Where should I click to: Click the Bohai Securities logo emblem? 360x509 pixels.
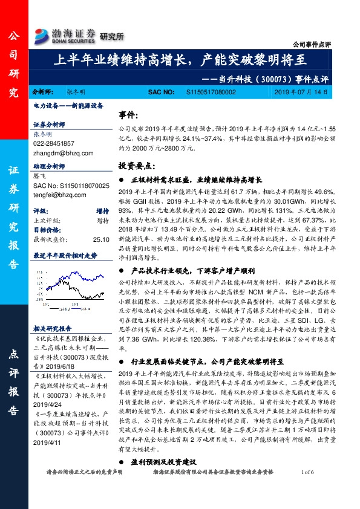tap(42, 34)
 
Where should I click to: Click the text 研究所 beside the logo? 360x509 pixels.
tap(111, 36)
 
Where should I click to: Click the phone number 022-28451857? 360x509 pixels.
tap(54, 143)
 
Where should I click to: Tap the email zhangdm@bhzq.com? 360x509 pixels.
tap(58, 154)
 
